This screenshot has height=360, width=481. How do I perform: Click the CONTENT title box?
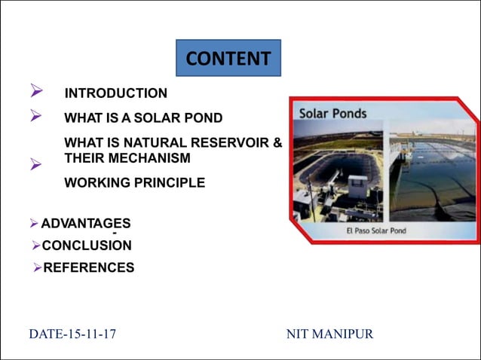tap(228, 58)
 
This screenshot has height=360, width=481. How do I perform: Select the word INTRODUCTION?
tap(116, 93)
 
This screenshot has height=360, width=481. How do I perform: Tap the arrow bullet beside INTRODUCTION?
tap(35, 92)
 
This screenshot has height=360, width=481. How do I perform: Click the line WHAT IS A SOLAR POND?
tap(143, 118)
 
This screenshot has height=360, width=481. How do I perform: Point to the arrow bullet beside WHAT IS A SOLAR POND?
tap(35, 116)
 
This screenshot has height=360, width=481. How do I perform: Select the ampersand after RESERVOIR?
tap(277, 143)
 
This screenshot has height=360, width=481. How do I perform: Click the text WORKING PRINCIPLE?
tap(134, 183)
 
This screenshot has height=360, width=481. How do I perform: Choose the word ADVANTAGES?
tap(85, 223)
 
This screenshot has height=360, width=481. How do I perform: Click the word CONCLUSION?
tap(87, 246)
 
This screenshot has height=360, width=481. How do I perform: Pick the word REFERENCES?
tap(89, 267)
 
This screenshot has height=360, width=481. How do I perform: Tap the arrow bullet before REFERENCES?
tap(38, 267)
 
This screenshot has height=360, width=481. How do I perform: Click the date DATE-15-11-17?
tap(72, 334)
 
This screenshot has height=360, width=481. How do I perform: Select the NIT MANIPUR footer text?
tap(329, 334)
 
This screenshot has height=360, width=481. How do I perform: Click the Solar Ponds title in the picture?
tap(333, 114)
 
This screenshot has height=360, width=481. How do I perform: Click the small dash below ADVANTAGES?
tap(113, 233)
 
